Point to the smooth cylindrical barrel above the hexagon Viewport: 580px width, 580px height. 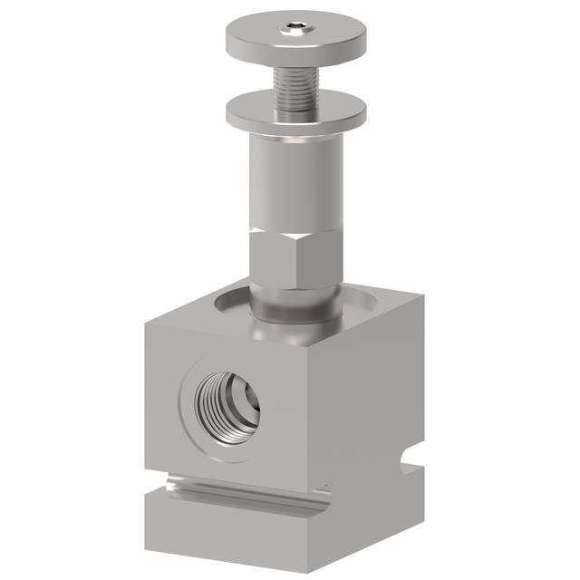point(295,181)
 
